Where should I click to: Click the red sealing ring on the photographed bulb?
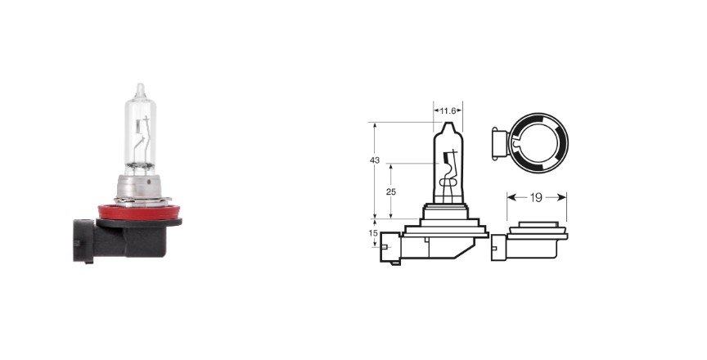pos(139,211)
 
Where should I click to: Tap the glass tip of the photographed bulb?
pos(140,88)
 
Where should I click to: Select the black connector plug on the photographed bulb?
pos(83,241)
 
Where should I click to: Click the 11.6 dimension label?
pos(448,110)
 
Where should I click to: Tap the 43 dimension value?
pos(374,160)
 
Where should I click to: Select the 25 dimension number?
pos(391,192)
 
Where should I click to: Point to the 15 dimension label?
pos(373,233)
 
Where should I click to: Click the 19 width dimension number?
pos(536,197)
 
